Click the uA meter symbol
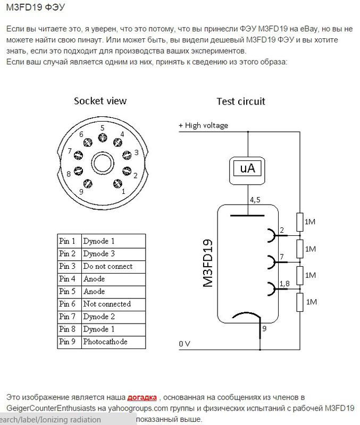click(x=247, y=171)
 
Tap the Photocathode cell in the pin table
click(x=113, y=342)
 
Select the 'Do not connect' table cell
click(x=113, y=267)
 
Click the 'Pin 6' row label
click(x=70, y=304)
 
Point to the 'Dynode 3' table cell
click(x=113, y=254)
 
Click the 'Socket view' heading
click(x=100, y=101)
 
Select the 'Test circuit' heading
click(x=241, y=101)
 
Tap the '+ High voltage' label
click(x=203, y=125)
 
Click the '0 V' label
click(x=185, y=344)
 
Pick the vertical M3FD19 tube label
click(x=208, y=263)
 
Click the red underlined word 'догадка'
click(x=142, y=397)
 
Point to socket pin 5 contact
click(x=102, y=138)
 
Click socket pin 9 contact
click(x=88, y=183)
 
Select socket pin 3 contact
click(x=127, y=155)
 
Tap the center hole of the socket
click(x=103, y=163)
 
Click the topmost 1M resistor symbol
click(x=300, y=222)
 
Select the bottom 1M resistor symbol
click(x=300, y=302)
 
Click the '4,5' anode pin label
click(x=255, y=200)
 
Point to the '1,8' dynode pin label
click(x=284, y=284)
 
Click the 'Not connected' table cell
click(x=113, y=304)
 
